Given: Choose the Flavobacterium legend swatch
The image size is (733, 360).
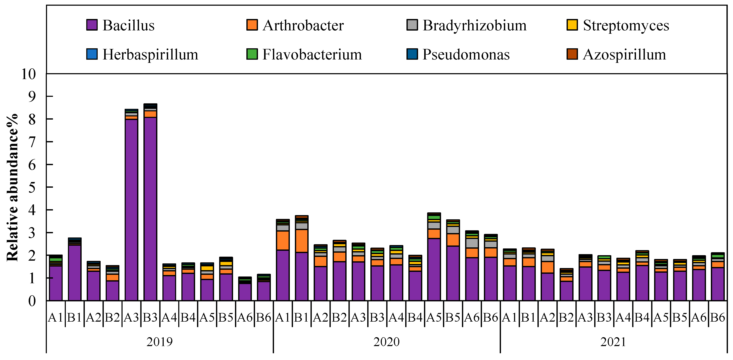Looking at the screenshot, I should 252,54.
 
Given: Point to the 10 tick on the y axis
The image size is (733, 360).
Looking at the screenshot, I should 28,74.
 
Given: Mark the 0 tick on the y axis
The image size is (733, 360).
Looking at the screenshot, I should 32,301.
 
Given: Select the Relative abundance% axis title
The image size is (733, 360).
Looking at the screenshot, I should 12,187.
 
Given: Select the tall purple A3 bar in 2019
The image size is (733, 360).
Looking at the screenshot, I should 131,209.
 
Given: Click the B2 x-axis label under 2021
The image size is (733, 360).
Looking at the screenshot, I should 566,317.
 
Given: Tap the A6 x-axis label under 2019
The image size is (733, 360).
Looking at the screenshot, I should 245,317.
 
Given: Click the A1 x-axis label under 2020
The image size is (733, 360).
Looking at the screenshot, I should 283,317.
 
